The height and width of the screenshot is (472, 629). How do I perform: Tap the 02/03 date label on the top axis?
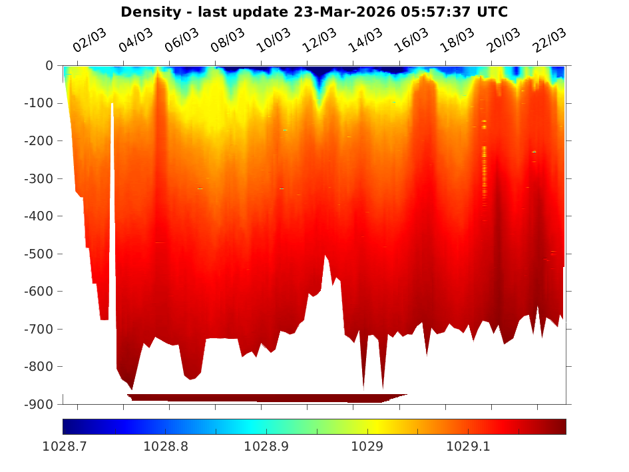pyautogui.click(x=89, y=41)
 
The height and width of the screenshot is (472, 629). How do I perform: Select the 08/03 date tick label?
pyautogui.click(x=228, y=41)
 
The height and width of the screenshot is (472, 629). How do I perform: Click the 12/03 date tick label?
pyautogui.click(x=319, y=41)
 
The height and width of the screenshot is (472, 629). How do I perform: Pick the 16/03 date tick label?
pyautogui.click(x=411, y=41)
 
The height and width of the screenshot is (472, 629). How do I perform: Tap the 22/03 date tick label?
pyautogui.click(x=550, y=41)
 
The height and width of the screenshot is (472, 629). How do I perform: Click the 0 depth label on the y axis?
pyautogui.click(x=49, y=66)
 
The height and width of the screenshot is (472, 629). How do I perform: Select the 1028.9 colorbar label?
pyautogui.click(x=266, y=447)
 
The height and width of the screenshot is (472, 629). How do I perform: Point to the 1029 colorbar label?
pyautogui.click(x=367, y=447)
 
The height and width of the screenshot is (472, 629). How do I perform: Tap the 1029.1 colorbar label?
pyautogui.click(x=468, y=447)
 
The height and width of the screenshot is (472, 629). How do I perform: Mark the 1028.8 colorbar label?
pyautogui.click(x=164, y=447)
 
